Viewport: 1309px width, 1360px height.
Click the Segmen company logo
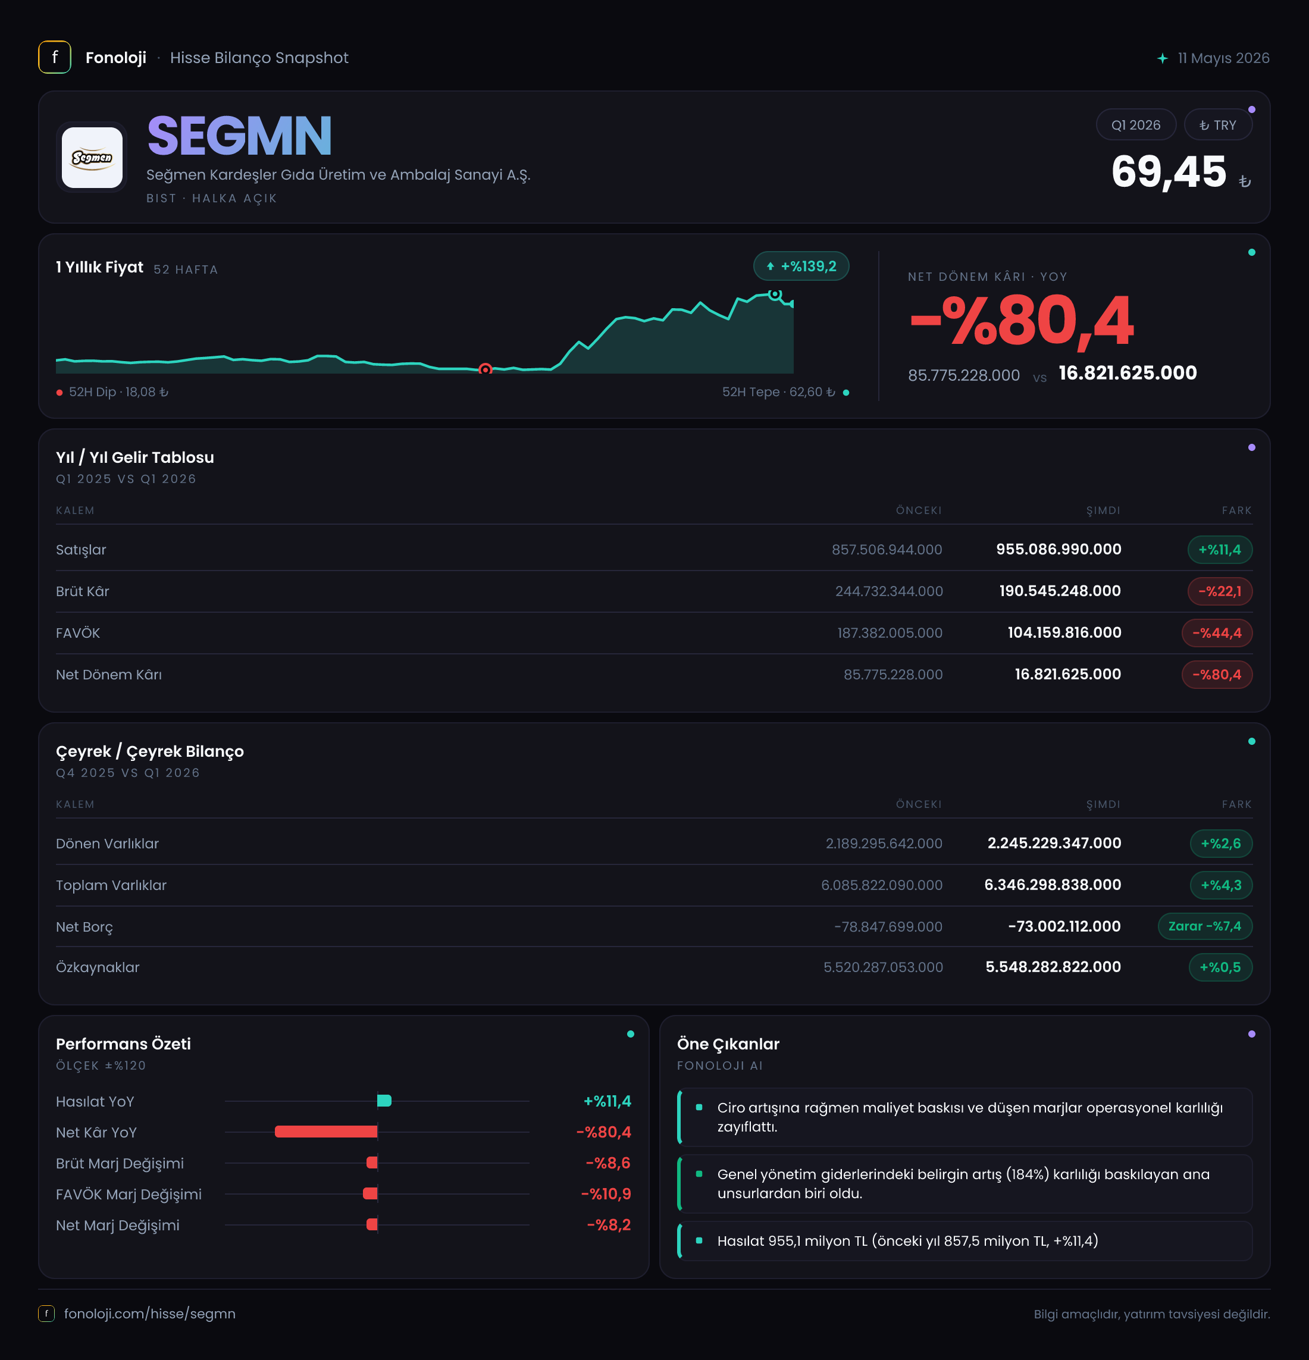(x=92, y=158)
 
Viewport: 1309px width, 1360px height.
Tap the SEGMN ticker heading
(x=239, y=136)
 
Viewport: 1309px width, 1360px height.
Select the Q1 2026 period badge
(x=1135, y=125)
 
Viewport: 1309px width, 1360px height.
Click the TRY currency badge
(x=1218, y=125)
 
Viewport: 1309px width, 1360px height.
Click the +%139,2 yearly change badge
(x=801, y=266)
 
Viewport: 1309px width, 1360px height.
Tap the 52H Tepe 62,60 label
(x=779, y=392)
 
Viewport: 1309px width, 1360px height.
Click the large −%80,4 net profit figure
(x=1022, y=321)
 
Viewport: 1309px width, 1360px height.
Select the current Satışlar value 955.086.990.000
(x=1059, y=550)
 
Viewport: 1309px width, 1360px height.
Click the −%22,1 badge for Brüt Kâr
(x=1220, y=591)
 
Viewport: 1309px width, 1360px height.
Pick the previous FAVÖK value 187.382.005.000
(x=890, y=633)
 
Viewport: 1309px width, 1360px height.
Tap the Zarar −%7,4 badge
(x=1205, y=926)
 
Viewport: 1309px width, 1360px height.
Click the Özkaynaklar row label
(x=98, y=967)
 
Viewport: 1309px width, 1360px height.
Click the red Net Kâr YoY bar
(x=326, y=1132)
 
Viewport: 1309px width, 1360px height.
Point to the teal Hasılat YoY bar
(x=384, y=1101)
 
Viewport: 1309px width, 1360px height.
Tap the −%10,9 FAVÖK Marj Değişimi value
(x=606, y=1194)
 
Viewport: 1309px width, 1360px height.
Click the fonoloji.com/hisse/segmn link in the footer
(x=150, y=1314)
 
